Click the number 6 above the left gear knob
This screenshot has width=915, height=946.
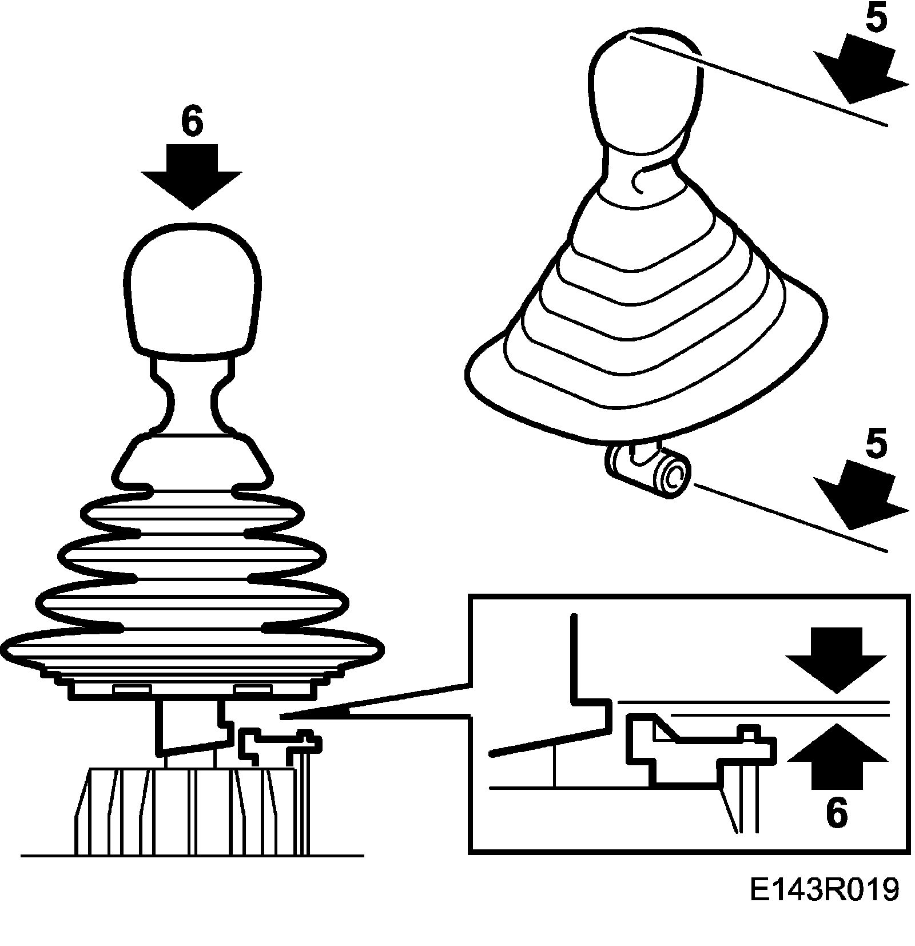pos(192,121)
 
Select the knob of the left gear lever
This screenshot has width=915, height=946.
pos(193,289)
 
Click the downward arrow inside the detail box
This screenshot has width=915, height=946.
pos(837,658)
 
